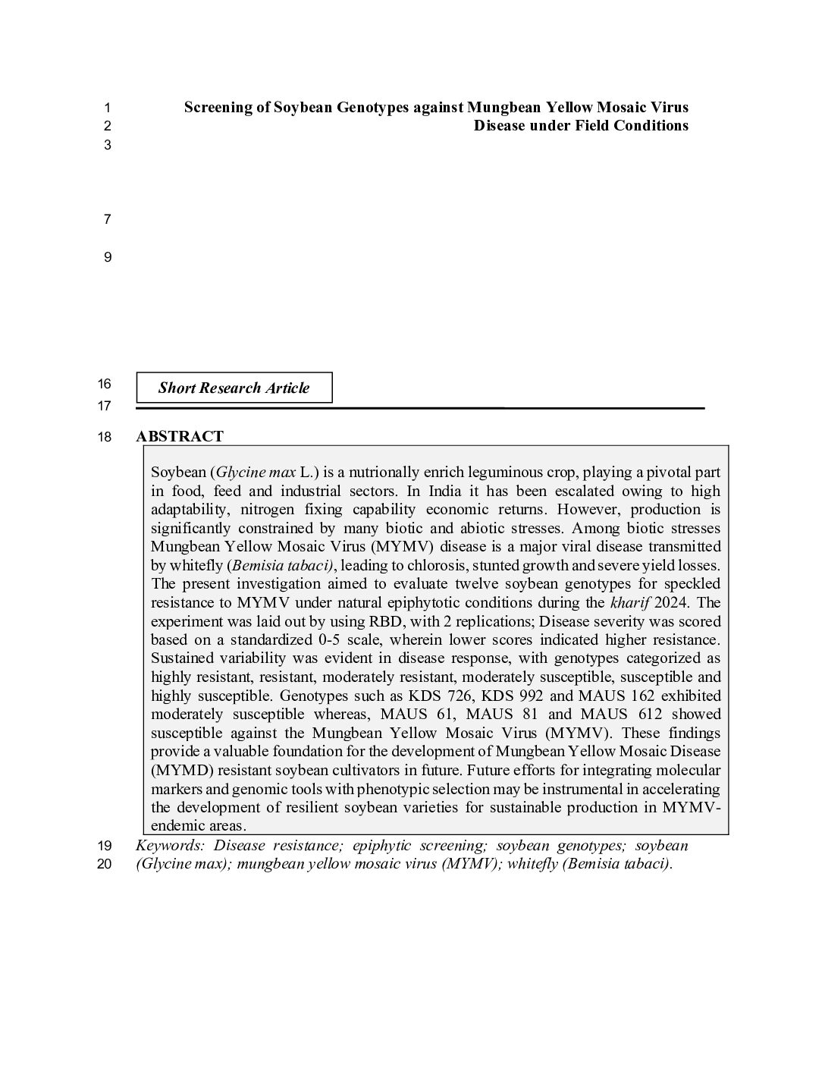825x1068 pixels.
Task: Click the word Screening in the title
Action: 216,107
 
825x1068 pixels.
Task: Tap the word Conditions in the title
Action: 652,126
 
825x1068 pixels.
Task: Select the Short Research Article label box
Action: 234,388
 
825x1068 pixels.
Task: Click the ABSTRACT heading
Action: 180,436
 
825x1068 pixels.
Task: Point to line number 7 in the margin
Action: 107,220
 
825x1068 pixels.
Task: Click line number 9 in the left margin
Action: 107,257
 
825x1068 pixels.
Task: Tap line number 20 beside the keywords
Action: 105,864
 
